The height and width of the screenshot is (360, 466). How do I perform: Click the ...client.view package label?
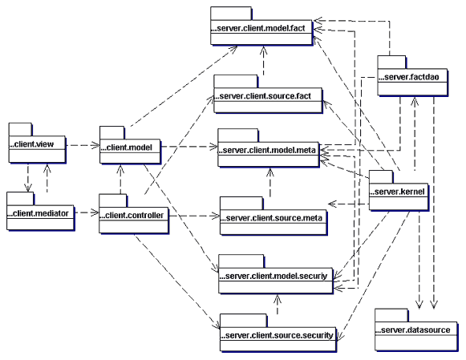pos(31,144)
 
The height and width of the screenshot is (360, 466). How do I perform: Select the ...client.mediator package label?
pos(38,213)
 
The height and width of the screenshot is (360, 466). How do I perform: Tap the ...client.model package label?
pos(126,148)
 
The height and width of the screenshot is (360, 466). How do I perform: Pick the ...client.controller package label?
pos(132,216)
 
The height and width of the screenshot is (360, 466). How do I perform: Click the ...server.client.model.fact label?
pos(258,28)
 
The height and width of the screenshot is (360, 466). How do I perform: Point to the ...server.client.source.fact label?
pos(262,96)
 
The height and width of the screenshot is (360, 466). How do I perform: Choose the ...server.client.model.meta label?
pos(266,150)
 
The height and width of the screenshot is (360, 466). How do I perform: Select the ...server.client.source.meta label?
pos(271,218)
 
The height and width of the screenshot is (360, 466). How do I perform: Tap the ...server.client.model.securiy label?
pos(274,276)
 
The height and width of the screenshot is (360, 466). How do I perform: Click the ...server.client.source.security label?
pos(277,335)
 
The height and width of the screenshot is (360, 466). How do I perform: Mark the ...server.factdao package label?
pos(408,77)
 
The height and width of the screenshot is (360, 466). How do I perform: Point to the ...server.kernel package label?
pos(397,192)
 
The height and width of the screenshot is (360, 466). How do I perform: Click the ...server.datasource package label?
pos(413,330)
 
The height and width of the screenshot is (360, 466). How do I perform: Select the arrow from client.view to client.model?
pos(83,145)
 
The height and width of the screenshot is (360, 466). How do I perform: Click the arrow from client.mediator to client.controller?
pos(86,212)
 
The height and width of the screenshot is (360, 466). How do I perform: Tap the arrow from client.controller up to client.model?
pos(120,179)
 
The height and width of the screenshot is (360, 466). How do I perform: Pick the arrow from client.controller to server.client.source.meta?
pos(194,216)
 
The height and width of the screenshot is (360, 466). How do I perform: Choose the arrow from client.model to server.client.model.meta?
pos(189,147)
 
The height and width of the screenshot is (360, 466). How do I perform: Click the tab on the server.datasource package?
pos(391,315)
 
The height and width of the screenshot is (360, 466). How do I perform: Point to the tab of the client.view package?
pos(21,130)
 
